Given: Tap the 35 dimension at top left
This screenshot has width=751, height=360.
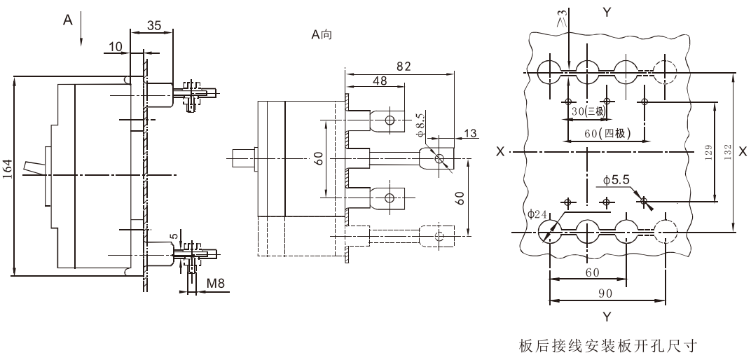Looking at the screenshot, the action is [x=153, y=25].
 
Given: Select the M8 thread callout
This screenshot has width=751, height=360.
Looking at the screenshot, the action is [x=216, y=284].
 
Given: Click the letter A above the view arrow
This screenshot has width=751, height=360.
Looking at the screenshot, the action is [x=68, y=20].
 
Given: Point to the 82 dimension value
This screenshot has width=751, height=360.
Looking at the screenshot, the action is [x=404, y=66].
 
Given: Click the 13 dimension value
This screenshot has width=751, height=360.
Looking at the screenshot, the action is [x=471, y=133].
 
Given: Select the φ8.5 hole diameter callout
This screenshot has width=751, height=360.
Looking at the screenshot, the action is [x=420, y=125].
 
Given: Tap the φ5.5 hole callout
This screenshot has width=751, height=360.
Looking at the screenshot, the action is [x=616, y=180].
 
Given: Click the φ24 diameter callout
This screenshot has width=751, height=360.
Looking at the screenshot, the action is [x=537, y=214].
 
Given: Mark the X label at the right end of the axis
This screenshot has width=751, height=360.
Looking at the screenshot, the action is [x=743, y=151].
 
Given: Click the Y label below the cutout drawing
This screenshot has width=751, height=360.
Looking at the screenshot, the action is [x=607, y=317].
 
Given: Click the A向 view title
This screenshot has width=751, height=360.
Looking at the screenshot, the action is [x=322, y=34].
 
